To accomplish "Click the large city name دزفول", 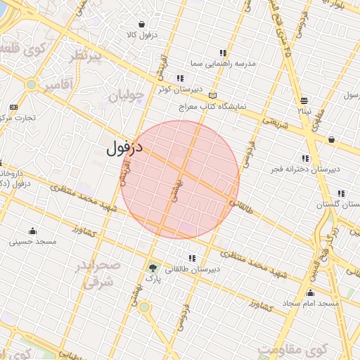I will [125, 148].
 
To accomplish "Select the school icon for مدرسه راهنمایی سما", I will [223, 53].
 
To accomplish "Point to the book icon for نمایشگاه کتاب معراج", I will [214, 96].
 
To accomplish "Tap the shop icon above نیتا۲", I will [304, 101].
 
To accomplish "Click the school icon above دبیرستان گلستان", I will [341, 193].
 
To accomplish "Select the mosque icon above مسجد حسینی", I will [32, 231].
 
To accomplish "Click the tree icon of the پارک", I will [153, 267].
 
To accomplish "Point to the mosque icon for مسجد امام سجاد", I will [310, 292].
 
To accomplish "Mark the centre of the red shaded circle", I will [180, 180].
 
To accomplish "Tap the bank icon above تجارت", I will [13, 106].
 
